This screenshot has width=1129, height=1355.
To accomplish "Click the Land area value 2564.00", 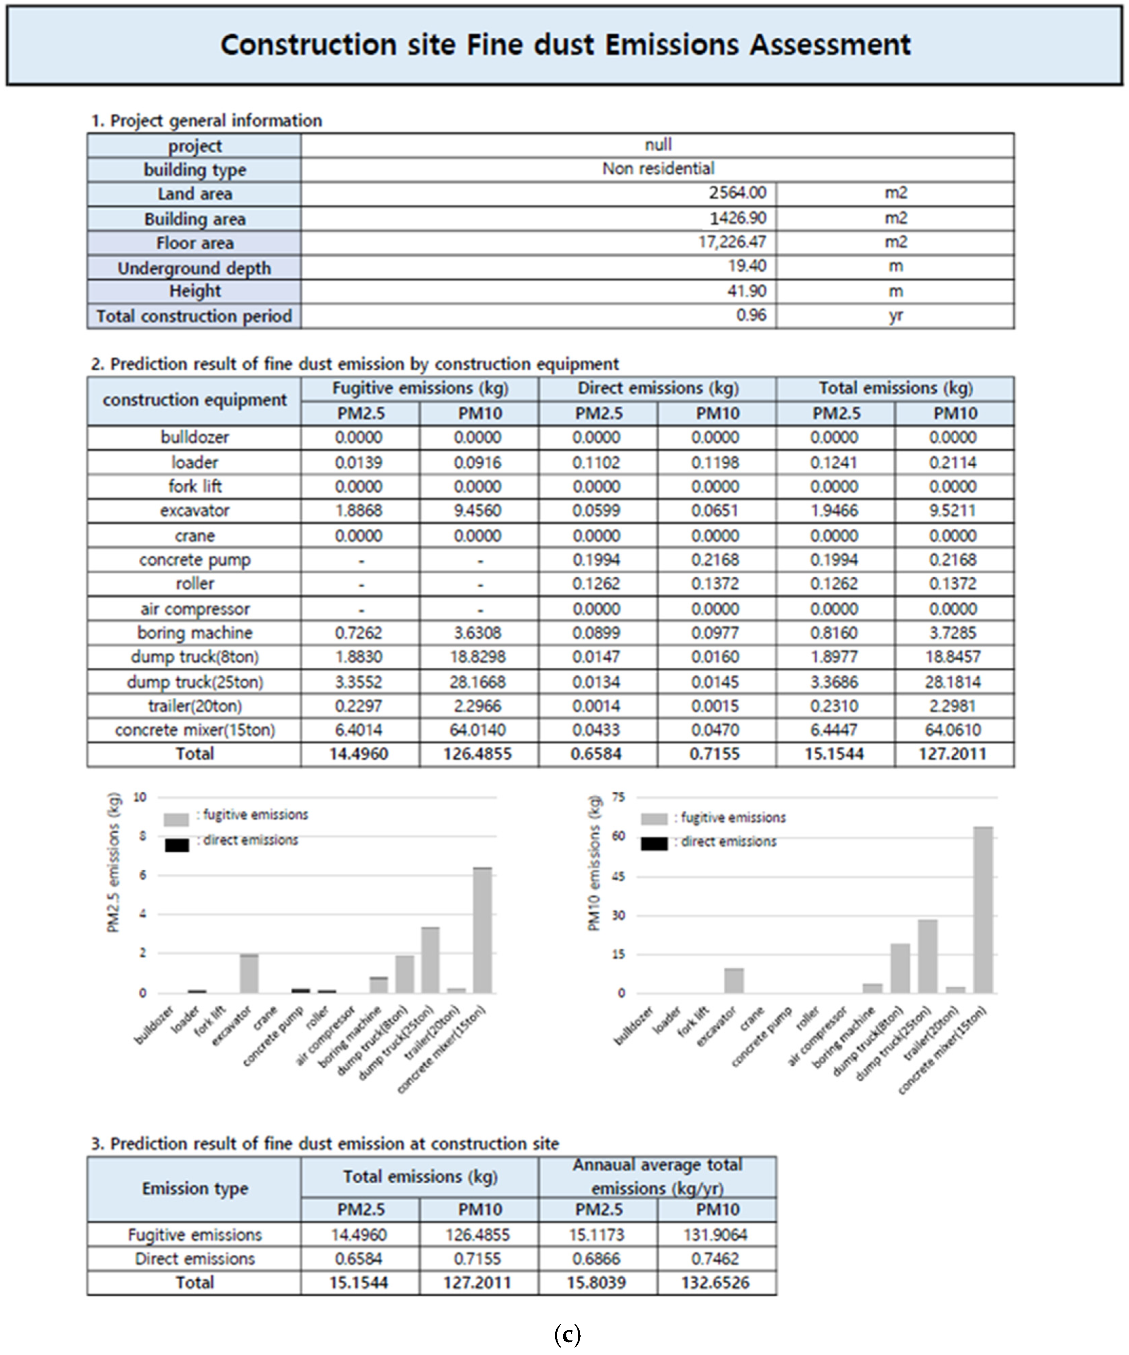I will [737, 193].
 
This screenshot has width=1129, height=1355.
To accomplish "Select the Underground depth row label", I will [194, 268].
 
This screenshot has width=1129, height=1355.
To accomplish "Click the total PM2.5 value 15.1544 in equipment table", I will [834, 754].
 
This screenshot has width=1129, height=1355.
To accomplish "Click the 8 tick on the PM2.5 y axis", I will [142, 836].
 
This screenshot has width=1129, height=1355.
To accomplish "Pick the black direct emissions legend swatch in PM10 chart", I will [654, 843].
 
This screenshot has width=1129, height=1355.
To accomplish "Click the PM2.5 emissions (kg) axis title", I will [114, 862].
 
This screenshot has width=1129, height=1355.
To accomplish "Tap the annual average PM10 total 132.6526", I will [716, 1282].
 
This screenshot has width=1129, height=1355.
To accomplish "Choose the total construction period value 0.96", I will [751, 315].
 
